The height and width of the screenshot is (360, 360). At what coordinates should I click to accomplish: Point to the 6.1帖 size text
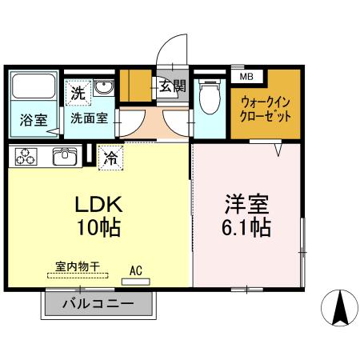click(246, 228)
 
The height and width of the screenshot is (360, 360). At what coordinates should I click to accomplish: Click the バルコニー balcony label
click(97, 304)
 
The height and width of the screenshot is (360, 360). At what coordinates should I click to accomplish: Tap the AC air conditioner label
click(135, 270)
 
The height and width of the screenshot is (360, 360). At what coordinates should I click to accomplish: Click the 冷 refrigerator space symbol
click(110, 157)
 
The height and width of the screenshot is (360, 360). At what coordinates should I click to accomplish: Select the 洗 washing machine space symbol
click(78, 93)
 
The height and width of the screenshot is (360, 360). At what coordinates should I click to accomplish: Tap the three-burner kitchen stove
click(25, 157)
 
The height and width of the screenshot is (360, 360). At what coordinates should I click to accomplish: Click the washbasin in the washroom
click(104, 88)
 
